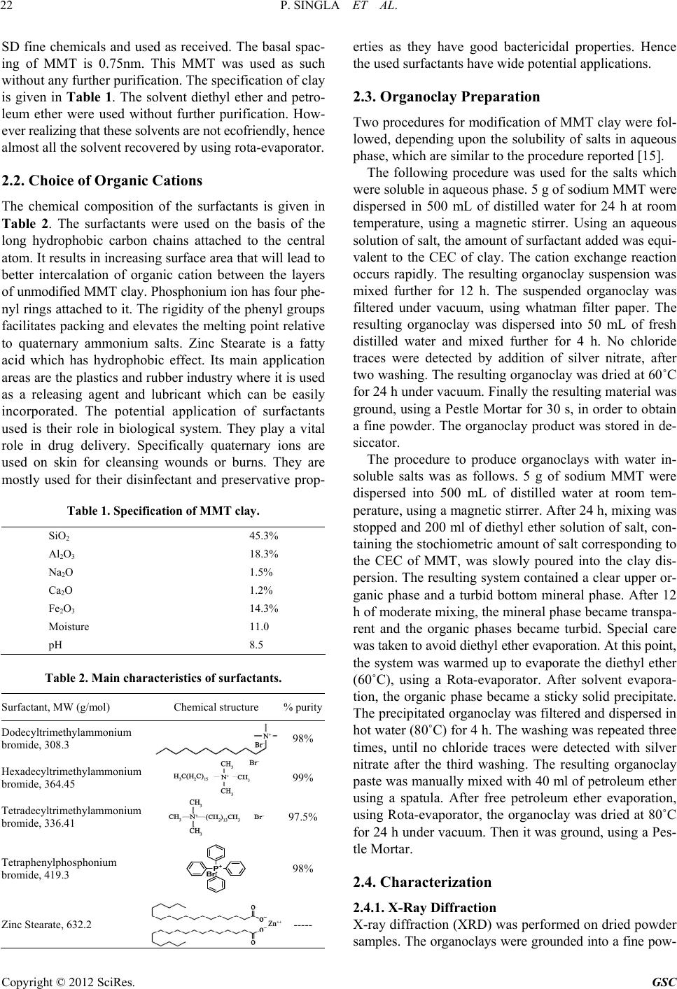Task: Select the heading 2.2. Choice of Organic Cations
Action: coord(102,180)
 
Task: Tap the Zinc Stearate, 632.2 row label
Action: coord(48,923)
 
